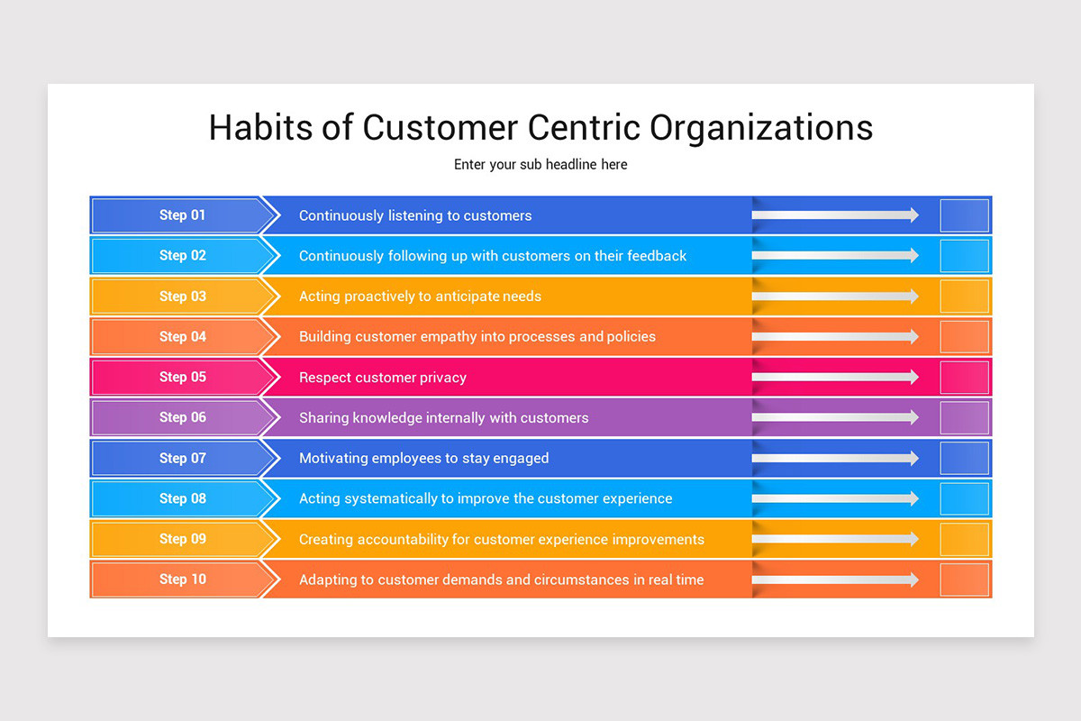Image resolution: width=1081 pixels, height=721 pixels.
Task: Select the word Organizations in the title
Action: click(x=761, y=127)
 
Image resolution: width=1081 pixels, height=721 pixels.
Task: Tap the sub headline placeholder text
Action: click(x=540, y=165)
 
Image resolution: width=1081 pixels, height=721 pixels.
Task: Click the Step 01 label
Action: click(x=183, y=215)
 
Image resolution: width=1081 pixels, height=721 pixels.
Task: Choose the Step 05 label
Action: click(x=183, y=377)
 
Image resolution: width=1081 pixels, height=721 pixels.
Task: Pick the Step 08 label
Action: click(x=183, y=498)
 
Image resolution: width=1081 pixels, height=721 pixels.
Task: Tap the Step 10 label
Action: click(x=183, y=580)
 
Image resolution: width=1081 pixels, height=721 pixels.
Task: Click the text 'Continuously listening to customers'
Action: click(x=415, y=215)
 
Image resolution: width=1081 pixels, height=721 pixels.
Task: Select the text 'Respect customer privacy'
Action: click(x=383, y=378)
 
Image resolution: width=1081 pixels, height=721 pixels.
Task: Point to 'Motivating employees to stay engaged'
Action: click(x=423, y=458)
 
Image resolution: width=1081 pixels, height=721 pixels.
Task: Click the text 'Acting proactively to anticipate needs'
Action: click(x=420, y=297)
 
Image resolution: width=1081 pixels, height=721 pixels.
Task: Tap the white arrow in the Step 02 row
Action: click(x=835, y=256)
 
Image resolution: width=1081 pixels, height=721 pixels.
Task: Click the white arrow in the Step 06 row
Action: click(x=835, y=417)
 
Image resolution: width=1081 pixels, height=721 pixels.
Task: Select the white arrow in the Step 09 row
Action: click(x=835, y=539)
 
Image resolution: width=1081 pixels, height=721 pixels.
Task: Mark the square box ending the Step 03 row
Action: click(x=965, y=297)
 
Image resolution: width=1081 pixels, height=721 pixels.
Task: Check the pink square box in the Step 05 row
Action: click(x=965, y=378)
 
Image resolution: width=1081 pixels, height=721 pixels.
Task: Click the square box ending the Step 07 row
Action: click(x=965, y=458)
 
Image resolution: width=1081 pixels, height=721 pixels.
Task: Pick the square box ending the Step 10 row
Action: click(x=965, y=580)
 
